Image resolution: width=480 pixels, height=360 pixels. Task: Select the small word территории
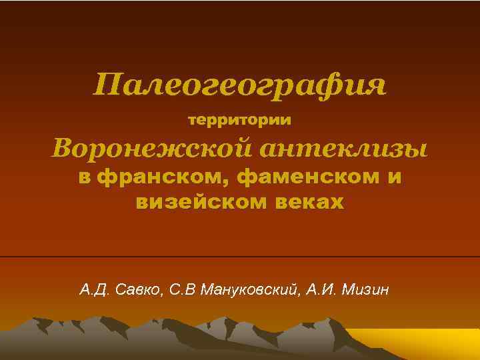(x=240, y=121)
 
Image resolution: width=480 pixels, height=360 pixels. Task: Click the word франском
(x=164, y=178)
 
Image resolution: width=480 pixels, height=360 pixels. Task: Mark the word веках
(x=309, y=202)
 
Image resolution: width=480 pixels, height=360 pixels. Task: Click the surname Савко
(x=138, y=291)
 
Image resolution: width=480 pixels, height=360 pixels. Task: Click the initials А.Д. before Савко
(x=94, y=291)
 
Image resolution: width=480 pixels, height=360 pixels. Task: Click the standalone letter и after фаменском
(x=394, y=179)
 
